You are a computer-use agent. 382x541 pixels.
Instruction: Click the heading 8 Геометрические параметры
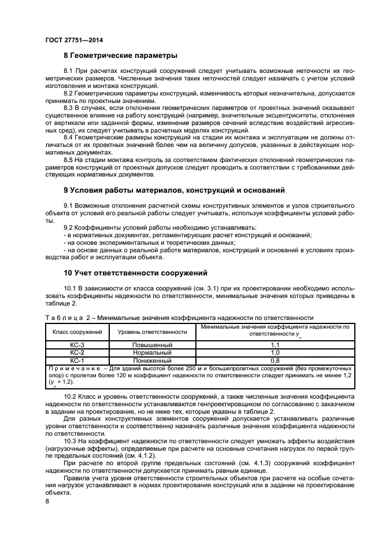point(120,56)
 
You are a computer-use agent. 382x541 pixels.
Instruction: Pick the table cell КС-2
point(77,352)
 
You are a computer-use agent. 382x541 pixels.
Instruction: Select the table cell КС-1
point(77,359)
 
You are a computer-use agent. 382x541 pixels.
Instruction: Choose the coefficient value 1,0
point(275,352)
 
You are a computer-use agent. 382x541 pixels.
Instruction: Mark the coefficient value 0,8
point(275,359)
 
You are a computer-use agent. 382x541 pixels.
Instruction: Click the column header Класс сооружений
point(77,332)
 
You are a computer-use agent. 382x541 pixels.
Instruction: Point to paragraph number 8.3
point(69,107)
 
